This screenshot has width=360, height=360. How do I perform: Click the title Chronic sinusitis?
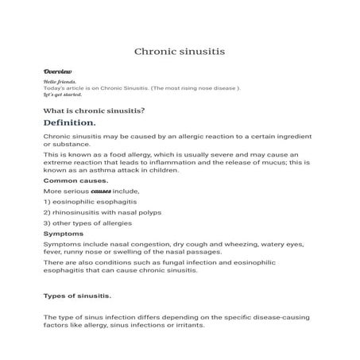point(180,52)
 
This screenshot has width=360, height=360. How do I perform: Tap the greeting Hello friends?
point(60,81)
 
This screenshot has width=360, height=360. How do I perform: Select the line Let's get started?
point(63,95)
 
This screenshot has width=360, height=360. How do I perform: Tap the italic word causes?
point(102,192)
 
